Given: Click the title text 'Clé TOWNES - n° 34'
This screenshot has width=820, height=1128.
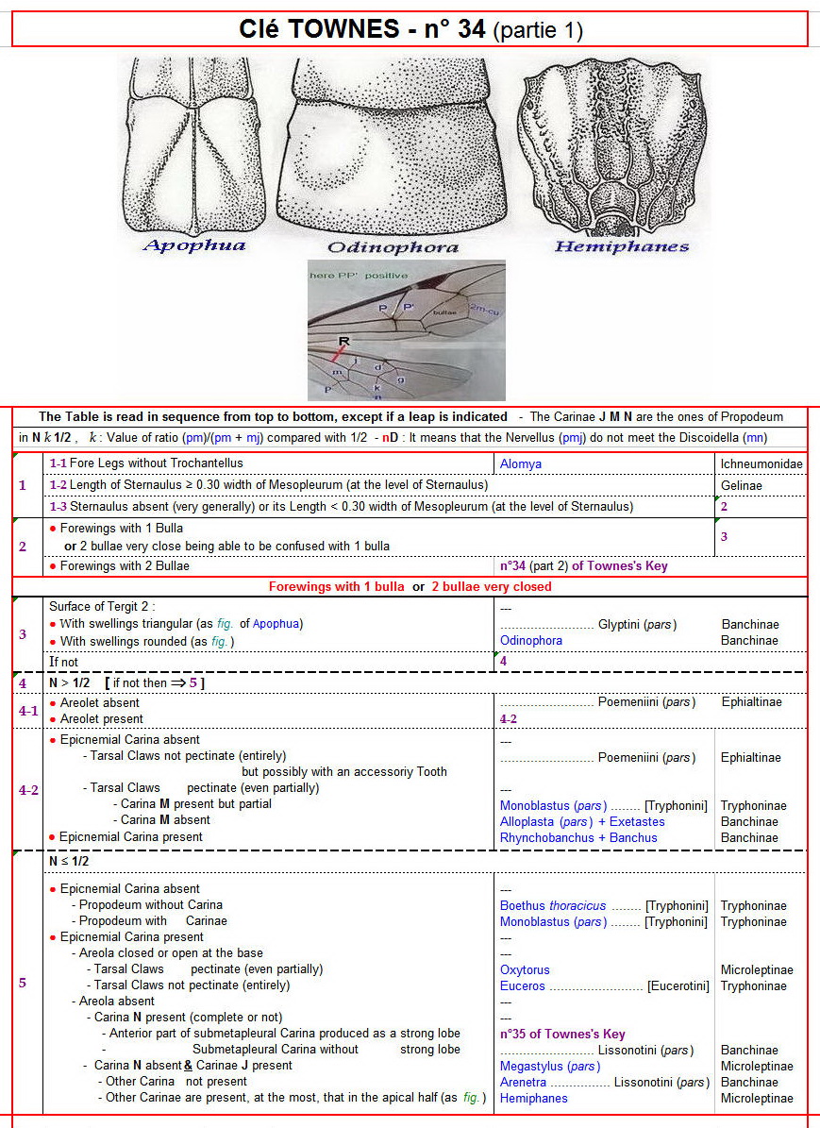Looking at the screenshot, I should click(x=362, y=29).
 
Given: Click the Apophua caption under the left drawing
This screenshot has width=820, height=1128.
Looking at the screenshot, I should click(x=193, y=245).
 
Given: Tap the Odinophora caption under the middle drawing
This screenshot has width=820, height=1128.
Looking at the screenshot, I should click(x=393, y=247).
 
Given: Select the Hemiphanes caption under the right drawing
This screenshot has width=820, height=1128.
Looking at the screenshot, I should click(x=622, y=246).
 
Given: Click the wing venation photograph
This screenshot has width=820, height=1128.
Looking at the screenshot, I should click(x=406, y=329).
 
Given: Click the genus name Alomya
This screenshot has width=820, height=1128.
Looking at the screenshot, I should click(x=520, y=463).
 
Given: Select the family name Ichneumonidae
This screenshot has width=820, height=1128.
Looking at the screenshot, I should click(x=761, y=463).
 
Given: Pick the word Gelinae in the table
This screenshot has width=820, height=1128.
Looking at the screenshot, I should click(x=743, y=484).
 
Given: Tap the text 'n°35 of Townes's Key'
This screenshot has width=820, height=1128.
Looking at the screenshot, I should click(x=562, y=1034).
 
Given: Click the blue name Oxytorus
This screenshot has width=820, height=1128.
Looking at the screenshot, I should click(x=525, y=969).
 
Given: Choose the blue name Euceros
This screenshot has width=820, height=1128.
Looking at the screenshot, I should click(x=523, y=985).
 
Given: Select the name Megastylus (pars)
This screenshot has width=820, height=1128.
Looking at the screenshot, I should click(x=550, y=1066).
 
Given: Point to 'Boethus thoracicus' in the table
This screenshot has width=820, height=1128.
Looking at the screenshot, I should click(x=553, y=905).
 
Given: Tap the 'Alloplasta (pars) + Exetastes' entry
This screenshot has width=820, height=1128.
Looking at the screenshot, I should click(x=582, y=821).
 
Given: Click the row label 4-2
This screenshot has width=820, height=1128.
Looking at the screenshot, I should click(x=29, y=790).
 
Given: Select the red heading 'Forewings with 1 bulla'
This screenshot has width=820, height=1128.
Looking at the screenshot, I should click(x=337, y=586).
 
